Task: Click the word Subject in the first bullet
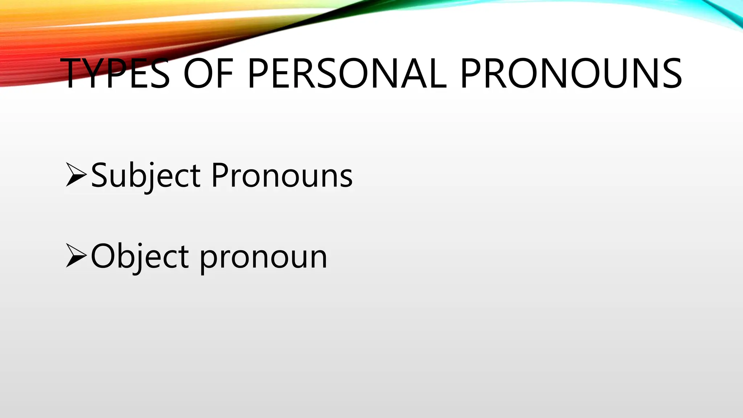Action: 145,176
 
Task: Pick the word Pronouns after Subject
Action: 282,176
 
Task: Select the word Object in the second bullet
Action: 140,257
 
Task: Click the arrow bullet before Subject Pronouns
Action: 76,175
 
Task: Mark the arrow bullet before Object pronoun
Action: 76,256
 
